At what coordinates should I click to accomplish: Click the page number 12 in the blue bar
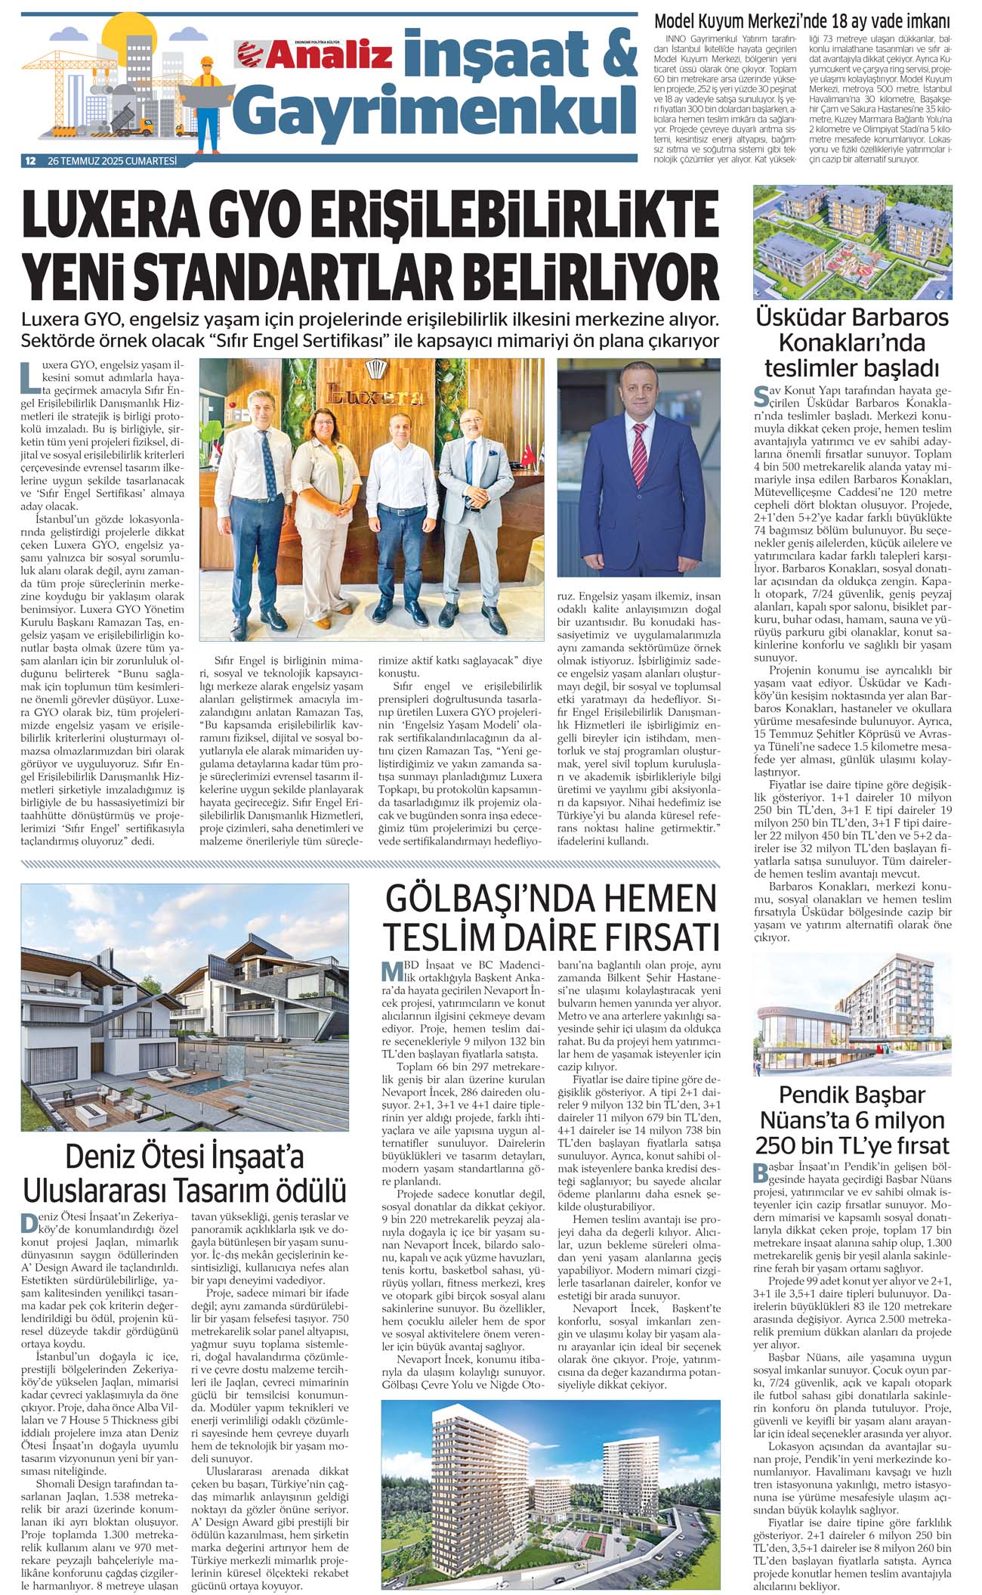(31, 161)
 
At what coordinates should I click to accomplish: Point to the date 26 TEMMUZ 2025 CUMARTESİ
(112, 161)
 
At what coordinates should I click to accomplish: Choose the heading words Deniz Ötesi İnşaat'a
(184, 1157)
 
